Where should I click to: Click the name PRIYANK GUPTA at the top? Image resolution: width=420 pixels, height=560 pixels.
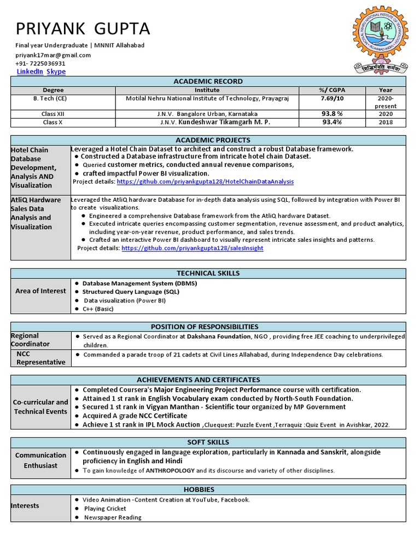click(83, 28)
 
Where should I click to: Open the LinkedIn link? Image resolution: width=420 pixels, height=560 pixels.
click(30, 72)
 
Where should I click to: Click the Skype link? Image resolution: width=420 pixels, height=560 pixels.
click(56, 72)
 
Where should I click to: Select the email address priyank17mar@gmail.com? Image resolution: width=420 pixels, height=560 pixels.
click(53, 55)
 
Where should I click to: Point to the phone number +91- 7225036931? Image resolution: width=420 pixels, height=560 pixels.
click(40, 63)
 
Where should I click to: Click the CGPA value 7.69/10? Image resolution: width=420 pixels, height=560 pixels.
click(332, 98)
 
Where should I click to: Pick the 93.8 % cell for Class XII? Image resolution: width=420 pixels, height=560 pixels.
click(332, 114)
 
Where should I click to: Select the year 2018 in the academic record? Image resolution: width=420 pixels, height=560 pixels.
click(386, 122)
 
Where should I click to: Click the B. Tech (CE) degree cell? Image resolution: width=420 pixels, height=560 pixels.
click(53, 98)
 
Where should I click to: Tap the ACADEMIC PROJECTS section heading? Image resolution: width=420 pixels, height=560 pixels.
click(208, 140)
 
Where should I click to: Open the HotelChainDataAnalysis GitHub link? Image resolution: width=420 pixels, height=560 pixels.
click(205, 182)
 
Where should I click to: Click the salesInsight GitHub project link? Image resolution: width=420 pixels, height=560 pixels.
click(192, 248)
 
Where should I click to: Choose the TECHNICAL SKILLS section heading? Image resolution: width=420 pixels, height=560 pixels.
click(208, 273)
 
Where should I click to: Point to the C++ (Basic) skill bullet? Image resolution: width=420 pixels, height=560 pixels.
click(98, 309)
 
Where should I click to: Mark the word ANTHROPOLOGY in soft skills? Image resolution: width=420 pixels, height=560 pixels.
click(170, 470)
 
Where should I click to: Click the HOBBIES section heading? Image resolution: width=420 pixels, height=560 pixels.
click(208, 489)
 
